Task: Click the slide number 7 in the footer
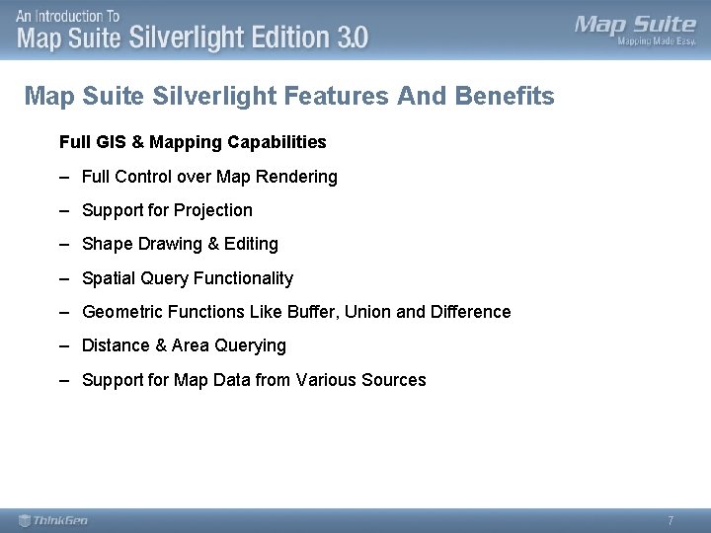click(671, 520)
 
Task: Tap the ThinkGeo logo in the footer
click(54, 520)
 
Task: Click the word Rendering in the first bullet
click(295, 177)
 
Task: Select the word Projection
click(213, 210)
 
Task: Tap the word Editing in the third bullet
click(252, 244)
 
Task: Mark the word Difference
click(473, 312)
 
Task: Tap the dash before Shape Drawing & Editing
click(63, 244)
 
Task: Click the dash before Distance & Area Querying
click(63, 345)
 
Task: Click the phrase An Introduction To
click(68, 16)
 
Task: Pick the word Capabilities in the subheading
click(276, 142)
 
